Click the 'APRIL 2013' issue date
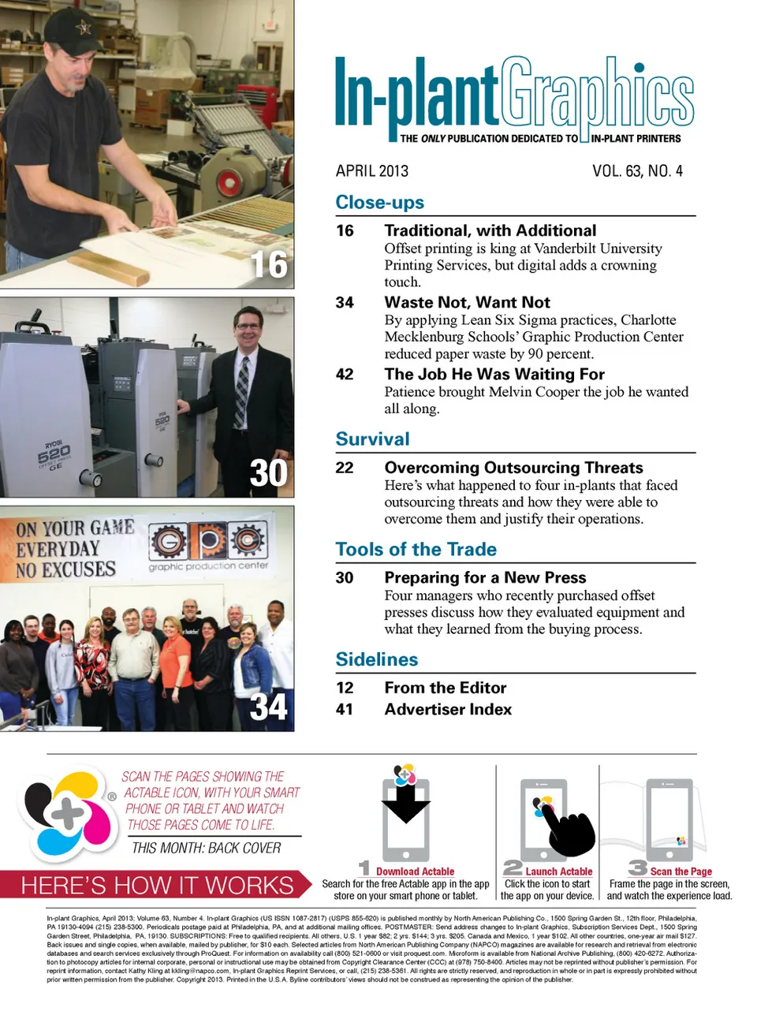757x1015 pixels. pyautogui.click(x=372, y=171)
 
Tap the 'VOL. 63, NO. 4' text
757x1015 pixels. pyautogui.click(x=637, y=171)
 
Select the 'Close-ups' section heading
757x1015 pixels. pyautogui.click(x=379, y=202)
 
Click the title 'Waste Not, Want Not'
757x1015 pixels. pyautogui.click(x=468, y=302)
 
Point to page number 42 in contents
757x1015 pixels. pyautogui.click(x=345, y=374)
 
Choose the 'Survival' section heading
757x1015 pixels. pyautogui.click(x=372, y=438)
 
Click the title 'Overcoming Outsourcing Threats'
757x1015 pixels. pyautogui.click(x=513, y=468)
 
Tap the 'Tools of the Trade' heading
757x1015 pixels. pyautogui.click(x=416, y=549)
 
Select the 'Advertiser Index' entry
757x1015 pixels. pyautogui.click(x=448, y=709)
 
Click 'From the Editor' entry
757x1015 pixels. pyautogui.click(x=445, y=688)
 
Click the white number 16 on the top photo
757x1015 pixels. pyautogui.click(x=269, y=265)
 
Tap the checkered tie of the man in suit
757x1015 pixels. pyautogui.click(x=242, y=393)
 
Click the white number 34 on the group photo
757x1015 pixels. pyautogui.click(x=269, y=707)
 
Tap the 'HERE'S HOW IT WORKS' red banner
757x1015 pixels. pyautogui.click(x=156, y=885)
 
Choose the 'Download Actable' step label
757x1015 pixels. pyautogui.click(x=415, y=871)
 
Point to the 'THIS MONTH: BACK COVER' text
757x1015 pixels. pyautogui.click(x=206, y=848)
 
